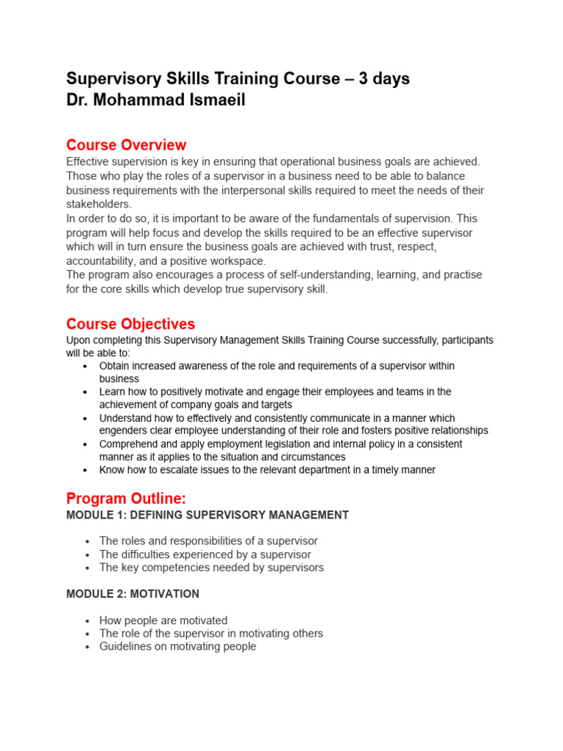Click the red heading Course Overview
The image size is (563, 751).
(126, 144)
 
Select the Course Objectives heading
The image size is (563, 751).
(130, 323)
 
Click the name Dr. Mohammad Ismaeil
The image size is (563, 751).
(155, 100)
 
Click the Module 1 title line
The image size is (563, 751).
(207, 515)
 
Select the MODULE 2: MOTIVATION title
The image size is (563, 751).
(133, 593)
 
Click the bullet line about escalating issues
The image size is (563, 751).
(267, 469)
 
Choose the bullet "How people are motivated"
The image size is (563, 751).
(163, 620)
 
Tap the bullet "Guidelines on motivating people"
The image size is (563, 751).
(177, 646)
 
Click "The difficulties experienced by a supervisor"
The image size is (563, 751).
(205, 554)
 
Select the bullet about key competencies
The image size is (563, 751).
(211, 567)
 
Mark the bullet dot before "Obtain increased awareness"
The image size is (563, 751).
(86, 366)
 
